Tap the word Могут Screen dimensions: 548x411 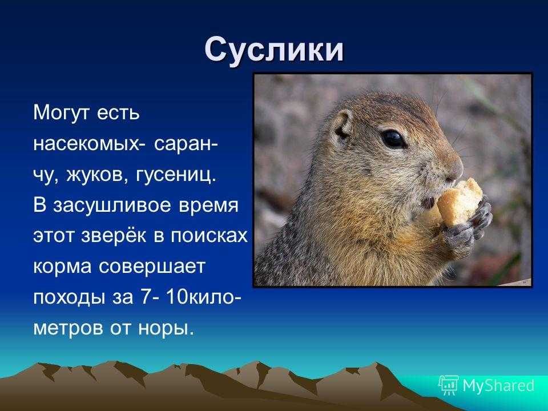62,113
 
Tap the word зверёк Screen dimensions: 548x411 114,236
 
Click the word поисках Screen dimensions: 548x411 209,236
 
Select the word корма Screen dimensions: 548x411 62,267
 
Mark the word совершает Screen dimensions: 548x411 152,267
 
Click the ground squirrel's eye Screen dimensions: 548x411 393,139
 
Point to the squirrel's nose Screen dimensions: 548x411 457,168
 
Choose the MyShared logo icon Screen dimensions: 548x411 449,385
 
